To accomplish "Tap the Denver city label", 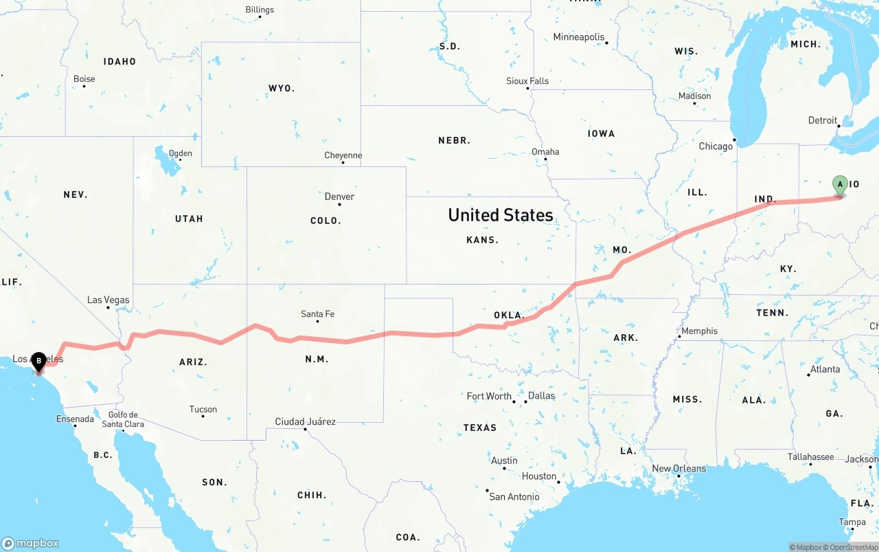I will tap(339, 197).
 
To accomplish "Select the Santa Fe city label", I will tap(317, 314).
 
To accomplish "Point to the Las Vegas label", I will tap(108, 300).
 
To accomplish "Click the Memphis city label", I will tap(699, 331).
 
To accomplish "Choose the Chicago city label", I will tap(716, 146).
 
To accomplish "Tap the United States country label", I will tap(501, 215).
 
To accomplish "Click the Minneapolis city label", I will tap(579, 37).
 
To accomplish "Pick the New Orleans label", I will tap(678, 468).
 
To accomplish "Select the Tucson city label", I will tap(203, 409).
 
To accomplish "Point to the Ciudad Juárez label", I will tap(305, 421).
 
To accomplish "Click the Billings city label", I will tap(260, 10).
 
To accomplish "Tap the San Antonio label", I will tap(514, 496).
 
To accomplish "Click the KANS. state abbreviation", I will tap(482, 240).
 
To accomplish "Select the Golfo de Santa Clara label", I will tap(123, 419).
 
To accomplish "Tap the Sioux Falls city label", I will tap(527, 81).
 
